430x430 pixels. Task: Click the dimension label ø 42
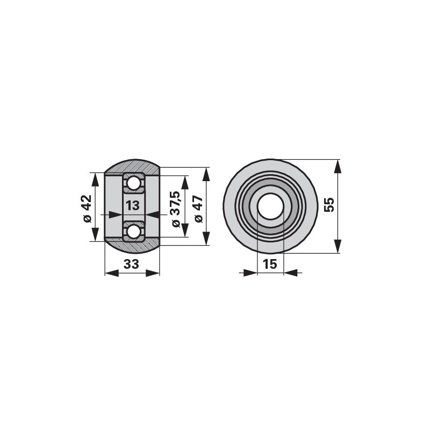pyautogui.click(x=87, y=209)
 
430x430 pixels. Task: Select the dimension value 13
pyautogui.click(x=133, y=205)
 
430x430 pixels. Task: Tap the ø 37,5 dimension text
pyautogui.click(x=176, y=209)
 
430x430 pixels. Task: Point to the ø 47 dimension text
pyautogui.click(x=198, y=209)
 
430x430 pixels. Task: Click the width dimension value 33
pyautogui.click(x=131, y=264)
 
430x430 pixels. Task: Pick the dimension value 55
pyautogui.click(x=329, y=205)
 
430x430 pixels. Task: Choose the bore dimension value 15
pyautogui.click(x=270, y=264)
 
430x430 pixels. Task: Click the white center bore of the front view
pyautogui.click(x=270, y=206)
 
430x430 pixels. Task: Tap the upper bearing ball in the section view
pyautogui.click(x=133, y=183)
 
